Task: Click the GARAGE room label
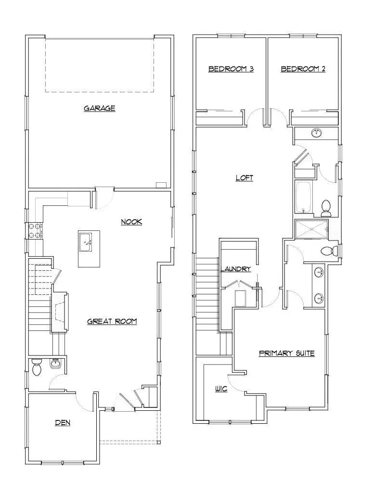(100, 108)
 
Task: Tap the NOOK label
(131, 222)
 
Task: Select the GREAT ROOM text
(112, 321)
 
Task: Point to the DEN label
(63, 423)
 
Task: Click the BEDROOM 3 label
(231, 69)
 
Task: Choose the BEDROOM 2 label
(303, 69)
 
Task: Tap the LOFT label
(244, 178)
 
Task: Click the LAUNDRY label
(236, 269)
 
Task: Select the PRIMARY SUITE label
(287, 353)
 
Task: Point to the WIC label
(221, 389)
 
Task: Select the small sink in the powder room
(55, 364)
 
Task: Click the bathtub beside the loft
(304, 197)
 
